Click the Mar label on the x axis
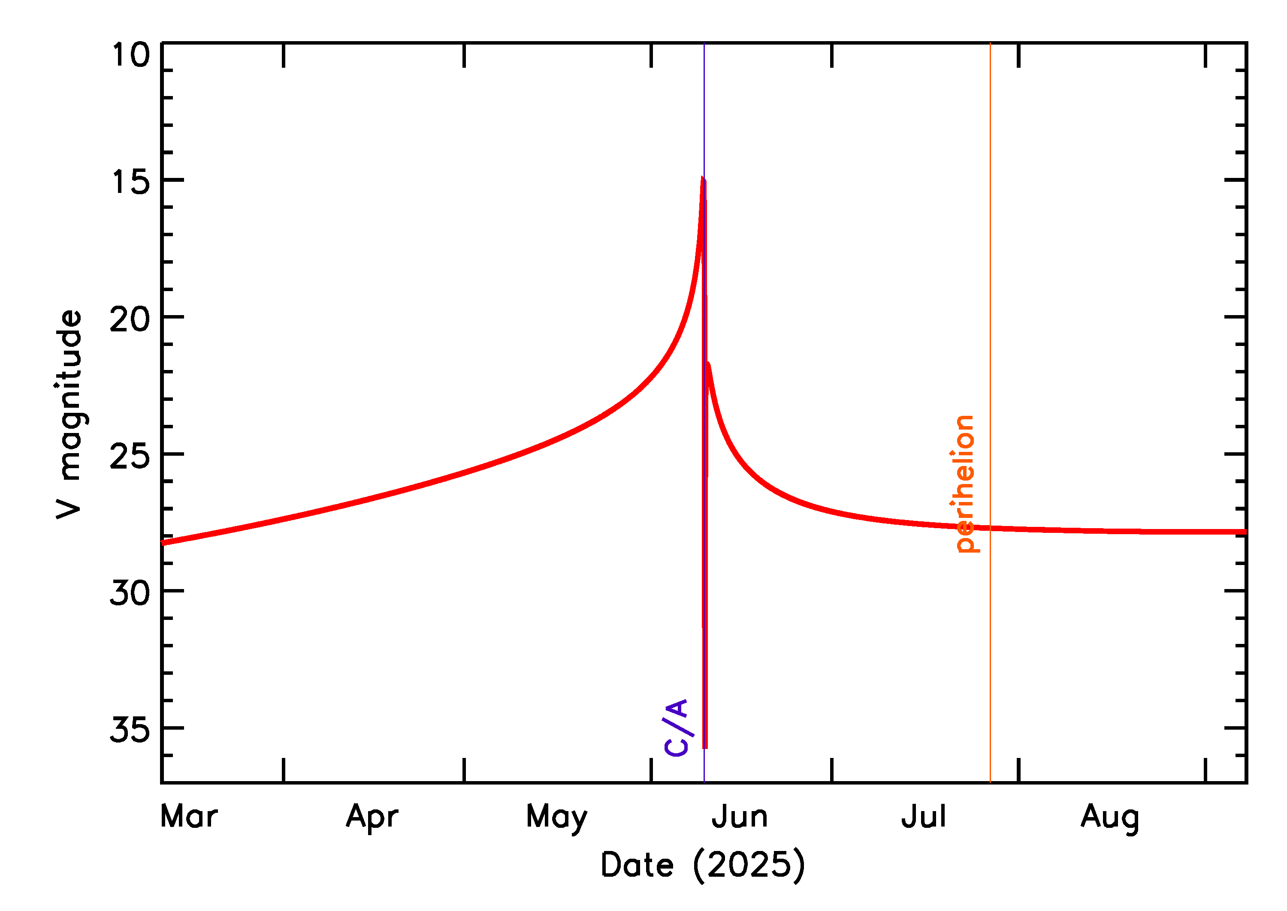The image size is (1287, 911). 189,817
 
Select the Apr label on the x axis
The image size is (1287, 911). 372,817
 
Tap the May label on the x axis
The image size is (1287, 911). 556,818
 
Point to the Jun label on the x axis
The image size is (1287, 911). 739,817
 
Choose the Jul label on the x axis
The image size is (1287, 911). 923,817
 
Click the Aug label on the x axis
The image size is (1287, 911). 1110,818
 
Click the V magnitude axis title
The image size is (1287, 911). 69,414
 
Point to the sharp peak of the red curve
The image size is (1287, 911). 703,178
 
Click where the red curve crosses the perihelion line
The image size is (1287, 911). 990,528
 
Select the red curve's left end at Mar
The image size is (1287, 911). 163,542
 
